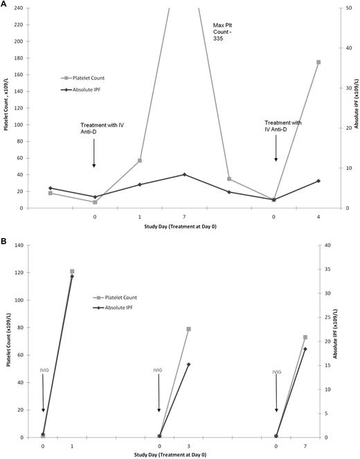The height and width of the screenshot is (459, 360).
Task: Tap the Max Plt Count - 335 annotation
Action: (x=224, y=32)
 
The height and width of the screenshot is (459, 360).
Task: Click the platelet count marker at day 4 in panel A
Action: (x=318, y=62)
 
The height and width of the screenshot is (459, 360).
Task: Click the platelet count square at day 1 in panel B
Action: (x=72, y=271)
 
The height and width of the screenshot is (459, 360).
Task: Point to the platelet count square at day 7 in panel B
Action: (x=305, y=337)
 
